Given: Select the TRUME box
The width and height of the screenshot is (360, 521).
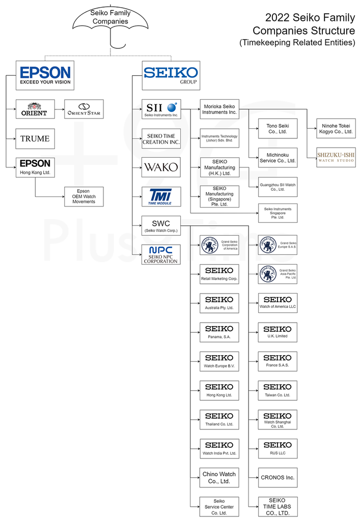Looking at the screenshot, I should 35,138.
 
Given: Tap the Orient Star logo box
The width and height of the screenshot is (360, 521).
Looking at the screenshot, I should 84,109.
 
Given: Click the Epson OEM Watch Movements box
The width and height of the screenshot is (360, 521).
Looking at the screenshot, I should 84,196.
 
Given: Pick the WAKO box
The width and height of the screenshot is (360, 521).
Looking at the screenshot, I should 161,167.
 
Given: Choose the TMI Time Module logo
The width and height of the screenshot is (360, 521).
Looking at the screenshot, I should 161,196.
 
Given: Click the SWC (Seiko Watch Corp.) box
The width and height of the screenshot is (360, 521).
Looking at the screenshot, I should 161,225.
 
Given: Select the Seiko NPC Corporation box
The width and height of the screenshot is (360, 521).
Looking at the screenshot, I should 161,254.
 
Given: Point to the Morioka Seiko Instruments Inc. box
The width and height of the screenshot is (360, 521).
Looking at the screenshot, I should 219,109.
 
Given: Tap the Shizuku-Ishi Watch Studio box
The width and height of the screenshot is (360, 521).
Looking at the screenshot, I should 336,157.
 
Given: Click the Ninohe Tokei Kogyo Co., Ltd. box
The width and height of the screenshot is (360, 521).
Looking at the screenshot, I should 336,128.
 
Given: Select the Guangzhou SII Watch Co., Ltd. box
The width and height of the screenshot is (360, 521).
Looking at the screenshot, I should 278,187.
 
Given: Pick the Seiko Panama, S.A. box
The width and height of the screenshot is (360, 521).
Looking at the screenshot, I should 219,332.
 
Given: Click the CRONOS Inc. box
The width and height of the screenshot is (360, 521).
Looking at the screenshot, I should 278,477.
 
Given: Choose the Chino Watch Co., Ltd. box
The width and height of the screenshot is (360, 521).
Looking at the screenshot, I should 219,477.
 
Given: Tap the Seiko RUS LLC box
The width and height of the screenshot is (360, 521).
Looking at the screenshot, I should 278,448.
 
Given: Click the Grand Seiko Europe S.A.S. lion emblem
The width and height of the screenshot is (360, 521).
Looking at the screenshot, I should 267,245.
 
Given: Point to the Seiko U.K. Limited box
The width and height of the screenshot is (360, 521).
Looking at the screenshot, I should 278,332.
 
